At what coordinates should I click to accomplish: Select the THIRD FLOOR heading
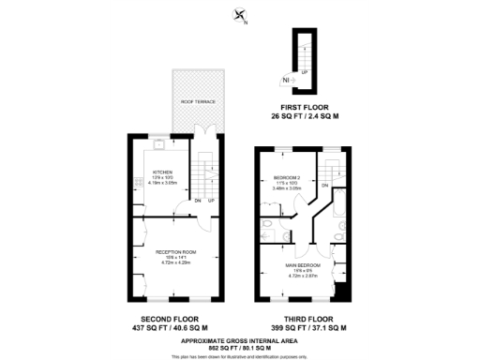coord(303,320)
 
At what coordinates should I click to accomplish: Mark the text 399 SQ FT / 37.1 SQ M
coord(303,328)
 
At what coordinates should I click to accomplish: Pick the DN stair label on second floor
coord(197,201)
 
